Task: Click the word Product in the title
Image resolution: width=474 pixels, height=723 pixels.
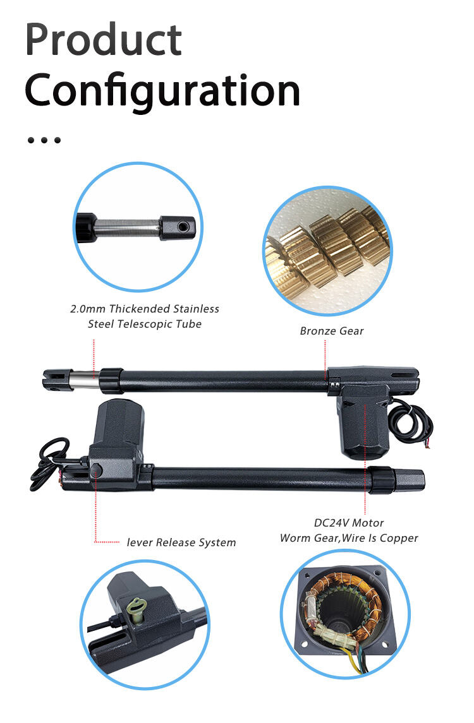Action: point(103,40)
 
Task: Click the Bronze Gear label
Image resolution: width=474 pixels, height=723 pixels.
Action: point(331,330)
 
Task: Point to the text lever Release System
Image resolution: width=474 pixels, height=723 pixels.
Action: point(181,542)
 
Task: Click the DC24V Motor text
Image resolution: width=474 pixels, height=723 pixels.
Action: point(349,523)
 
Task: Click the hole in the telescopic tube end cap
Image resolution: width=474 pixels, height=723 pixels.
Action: point(183,226)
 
